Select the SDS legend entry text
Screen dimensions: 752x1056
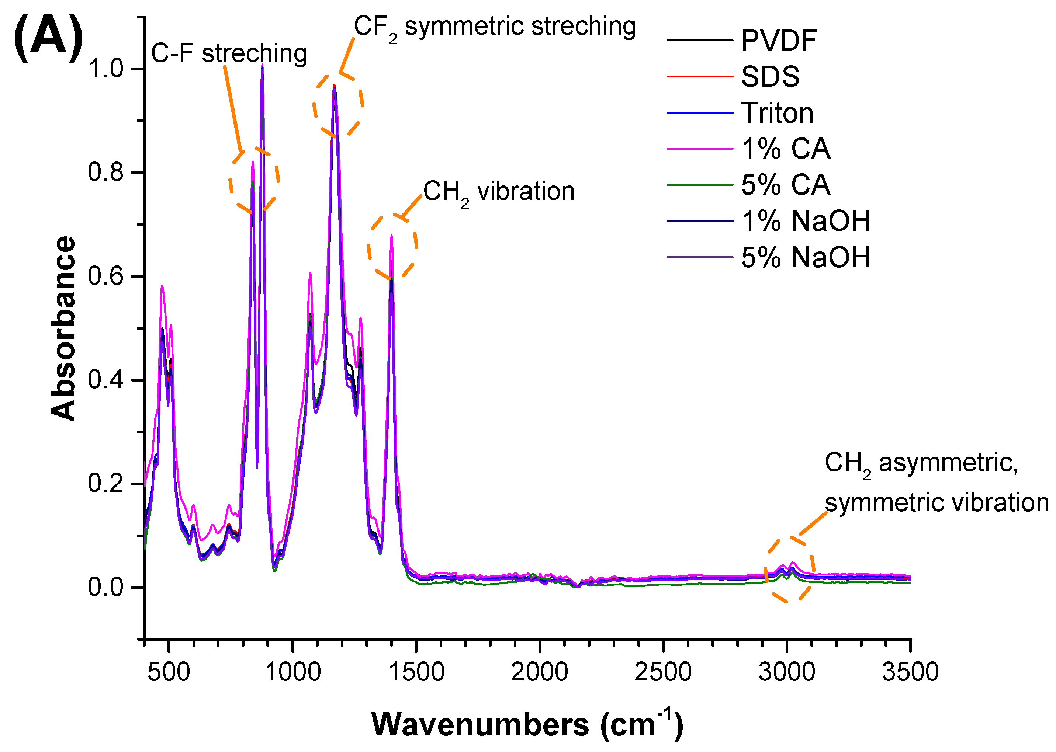(770, 77)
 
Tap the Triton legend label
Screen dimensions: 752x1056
(777, 113)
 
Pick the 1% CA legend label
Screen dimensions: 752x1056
(785, 149)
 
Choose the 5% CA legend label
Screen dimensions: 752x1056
(785, 185)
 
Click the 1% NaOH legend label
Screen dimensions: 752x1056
(805, 221)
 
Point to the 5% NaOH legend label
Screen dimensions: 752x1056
(805, 257)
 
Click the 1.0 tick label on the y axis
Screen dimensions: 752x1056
(105, 69)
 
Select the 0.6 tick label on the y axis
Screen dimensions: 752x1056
(105, 276)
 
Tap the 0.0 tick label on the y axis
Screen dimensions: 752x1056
(105, 587)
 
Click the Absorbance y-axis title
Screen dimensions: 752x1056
(63, 328)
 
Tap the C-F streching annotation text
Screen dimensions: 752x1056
(229, 53)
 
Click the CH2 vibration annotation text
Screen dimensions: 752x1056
(499, 191)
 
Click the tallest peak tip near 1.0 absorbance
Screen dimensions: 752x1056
(262, 66)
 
